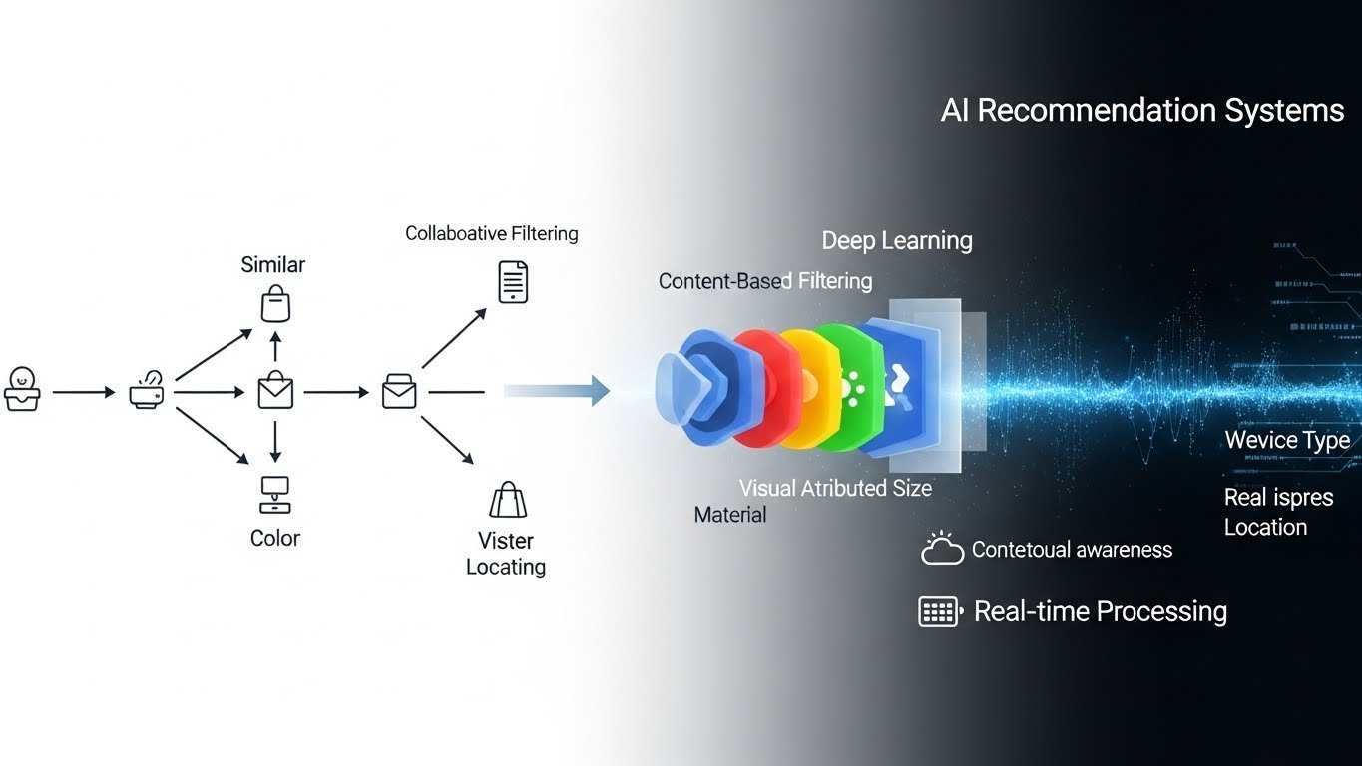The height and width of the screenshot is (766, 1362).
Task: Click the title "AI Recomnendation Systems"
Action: click(x=1142, y=110)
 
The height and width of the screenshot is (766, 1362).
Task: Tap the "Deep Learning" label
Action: click(x=896, y=240)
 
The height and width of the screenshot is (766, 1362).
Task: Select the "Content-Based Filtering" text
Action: click(x=765, y=281)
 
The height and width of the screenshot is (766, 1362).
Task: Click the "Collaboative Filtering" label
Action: click(x=491, y=233)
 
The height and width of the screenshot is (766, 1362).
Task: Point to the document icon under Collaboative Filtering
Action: click(x=513, y=282)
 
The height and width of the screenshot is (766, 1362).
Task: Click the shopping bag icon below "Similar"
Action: click(x=276, y=303)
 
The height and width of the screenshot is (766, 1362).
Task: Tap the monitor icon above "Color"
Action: click(x=274, y=493)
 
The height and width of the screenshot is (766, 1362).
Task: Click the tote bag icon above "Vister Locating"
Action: click(x=507, y=500)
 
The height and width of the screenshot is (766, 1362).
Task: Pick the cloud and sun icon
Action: click(x=942, y=548)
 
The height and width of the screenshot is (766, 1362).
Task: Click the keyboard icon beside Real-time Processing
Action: click(x=939, y=611)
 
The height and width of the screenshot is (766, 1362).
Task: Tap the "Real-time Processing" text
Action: click(x=1100, y=611)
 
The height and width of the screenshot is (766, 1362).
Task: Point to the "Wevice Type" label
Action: click(x=1287, y=440)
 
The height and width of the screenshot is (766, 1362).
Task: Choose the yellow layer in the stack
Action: click(x=803, y=389)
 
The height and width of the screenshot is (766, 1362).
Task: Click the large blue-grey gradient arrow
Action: click(x=557, y=391)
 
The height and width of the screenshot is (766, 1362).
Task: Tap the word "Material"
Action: click(x=730, y=515)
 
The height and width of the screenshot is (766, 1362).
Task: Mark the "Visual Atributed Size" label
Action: click(x=835, y=488)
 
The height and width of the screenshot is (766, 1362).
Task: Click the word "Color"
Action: click(x=275, y=538)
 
